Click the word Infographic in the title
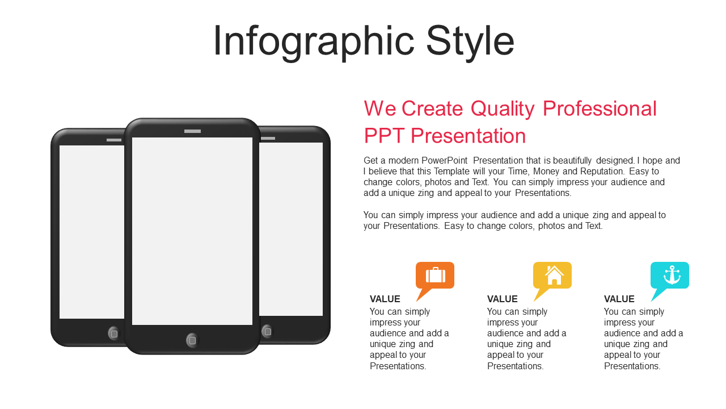click(314, 41)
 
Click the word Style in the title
click(470, 41)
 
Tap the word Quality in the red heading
click(503, 109)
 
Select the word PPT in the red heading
click(384, 136)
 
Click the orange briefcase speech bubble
click(435, 276)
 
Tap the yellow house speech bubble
click(552, 276)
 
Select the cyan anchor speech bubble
click(670, 276)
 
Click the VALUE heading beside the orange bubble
click(385, 299)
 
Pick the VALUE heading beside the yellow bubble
click(503, 299)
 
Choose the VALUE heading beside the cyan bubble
click(619, 299)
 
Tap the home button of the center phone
click(192, 340)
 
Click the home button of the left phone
click(114, 333)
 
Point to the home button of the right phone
click(268, 332)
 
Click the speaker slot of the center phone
click(192, 131)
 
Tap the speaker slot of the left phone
click(114, 140)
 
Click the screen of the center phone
click(192, 231)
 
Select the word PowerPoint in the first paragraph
click(444, 161)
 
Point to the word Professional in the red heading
click(600, 108)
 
